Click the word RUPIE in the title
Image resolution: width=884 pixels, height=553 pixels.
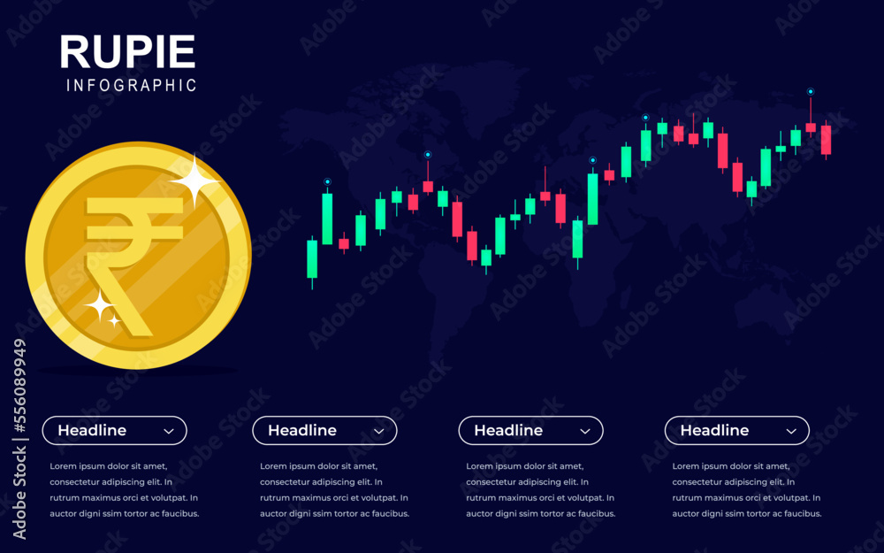coord(127,52)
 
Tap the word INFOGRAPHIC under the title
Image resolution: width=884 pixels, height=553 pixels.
coord(131,86)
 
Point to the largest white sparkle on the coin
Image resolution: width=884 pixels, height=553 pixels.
coord(194,181)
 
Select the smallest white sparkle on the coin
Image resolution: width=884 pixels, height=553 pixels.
coord(115,320)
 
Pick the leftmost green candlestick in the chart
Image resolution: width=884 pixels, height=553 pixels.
coord(312,258)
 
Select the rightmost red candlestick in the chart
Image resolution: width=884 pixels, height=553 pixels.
coord(826,140)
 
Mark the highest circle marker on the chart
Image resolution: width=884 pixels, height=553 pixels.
coord(810,91)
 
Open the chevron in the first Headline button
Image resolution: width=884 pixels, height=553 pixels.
coord(169,431)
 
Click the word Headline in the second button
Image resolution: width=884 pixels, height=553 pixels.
coord(302,431)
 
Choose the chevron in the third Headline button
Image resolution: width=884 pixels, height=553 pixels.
coord(585,431)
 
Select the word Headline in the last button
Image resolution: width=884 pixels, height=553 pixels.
coord(714,431)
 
